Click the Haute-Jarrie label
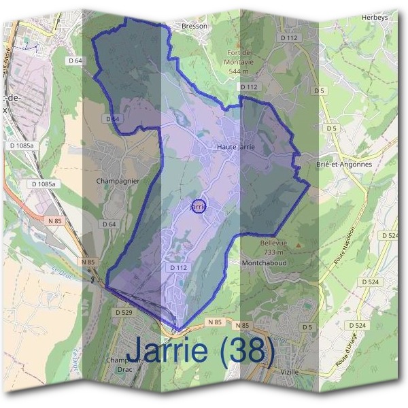pos(235,146)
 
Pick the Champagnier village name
pos(118,182)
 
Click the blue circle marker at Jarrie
pos(198,205)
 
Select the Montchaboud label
pos(265,262)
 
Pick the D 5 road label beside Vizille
pos(307,327)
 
